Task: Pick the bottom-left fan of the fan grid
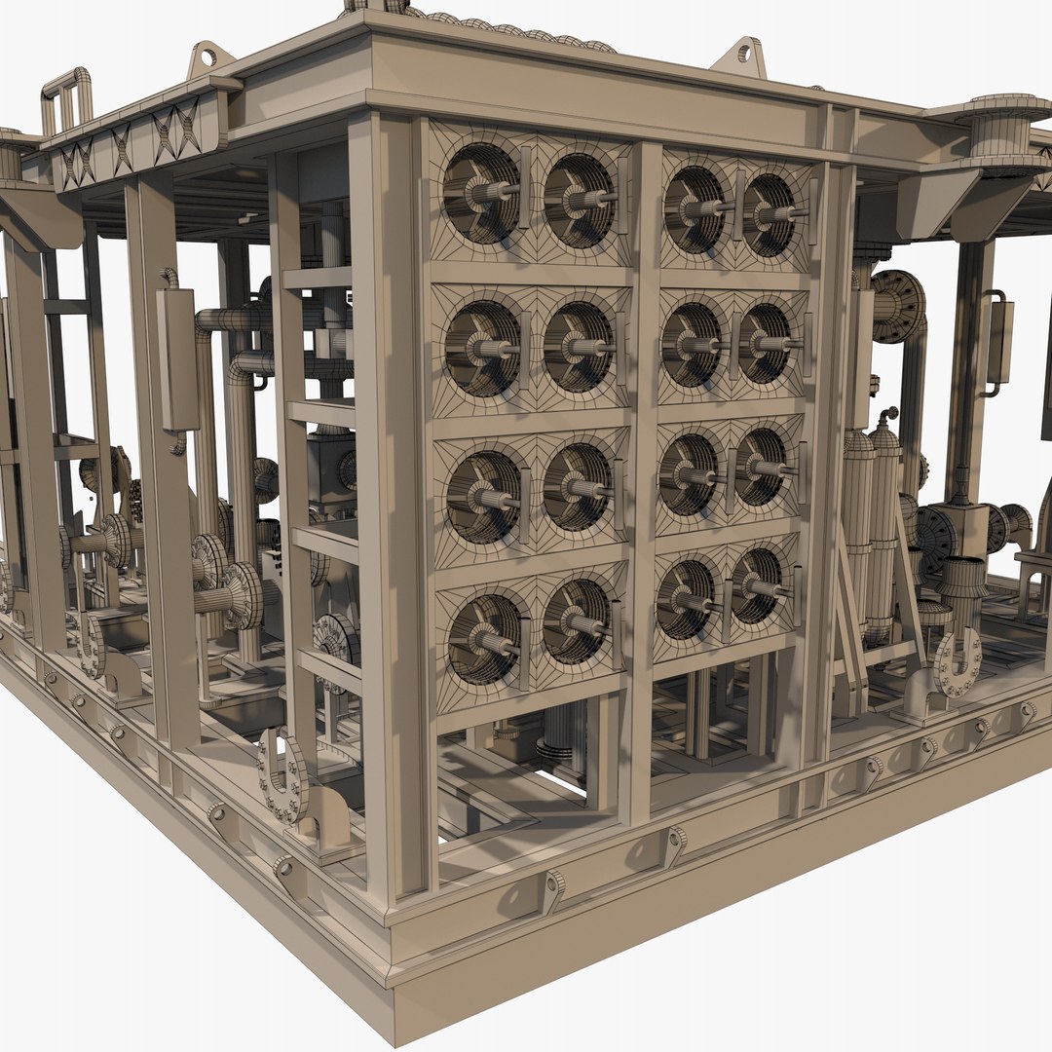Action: [x=484, y=639]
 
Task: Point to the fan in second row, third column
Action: [x=691, y=346]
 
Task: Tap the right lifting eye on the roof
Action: [x=741, y=56]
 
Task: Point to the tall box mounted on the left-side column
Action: [x=179, y=360]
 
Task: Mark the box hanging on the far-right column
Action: [x=999, y=341]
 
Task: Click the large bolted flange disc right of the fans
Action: [x=896, y=306]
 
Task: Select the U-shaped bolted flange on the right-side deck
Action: [x=957, y=663]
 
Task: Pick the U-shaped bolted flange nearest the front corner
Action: [x=283, y=778]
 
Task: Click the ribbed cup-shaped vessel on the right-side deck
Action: [x=964, y=584]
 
